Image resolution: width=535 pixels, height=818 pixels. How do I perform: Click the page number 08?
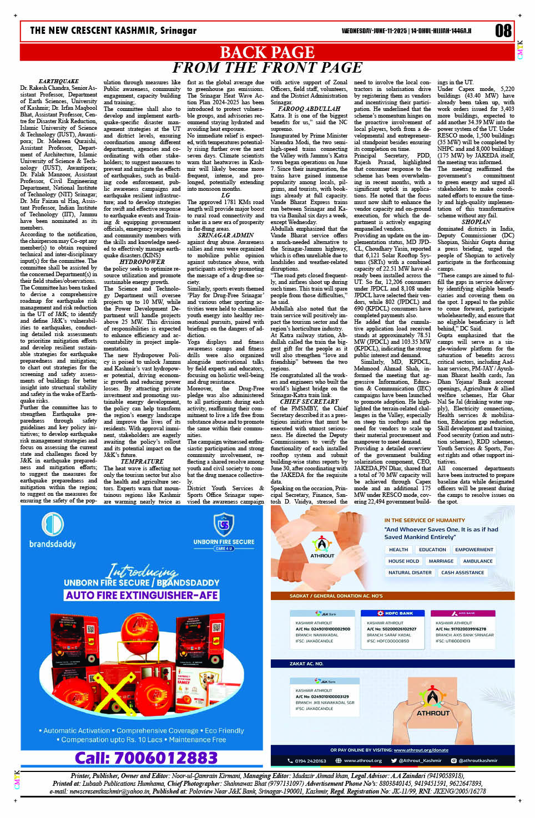(503, 31)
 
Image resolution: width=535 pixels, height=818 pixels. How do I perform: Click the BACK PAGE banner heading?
(267, 52)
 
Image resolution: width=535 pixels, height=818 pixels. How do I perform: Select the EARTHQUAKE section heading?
(58, 82)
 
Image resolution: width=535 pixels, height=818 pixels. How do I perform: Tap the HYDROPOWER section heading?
(142, 262)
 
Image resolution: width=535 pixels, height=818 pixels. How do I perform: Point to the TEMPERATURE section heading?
(142, 461)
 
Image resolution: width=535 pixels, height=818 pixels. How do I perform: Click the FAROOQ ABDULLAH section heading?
(309, 109)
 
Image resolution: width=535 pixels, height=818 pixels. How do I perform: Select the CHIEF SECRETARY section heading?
(309, 402)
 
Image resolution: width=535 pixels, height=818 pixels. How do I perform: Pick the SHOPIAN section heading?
(476, 222)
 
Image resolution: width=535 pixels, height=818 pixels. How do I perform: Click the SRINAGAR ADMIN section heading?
(225, 235)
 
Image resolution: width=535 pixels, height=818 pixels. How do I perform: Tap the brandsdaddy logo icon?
(52, 524)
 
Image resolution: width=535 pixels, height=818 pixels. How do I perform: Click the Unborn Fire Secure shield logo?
(224, 524)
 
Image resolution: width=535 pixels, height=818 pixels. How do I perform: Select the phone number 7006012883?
(146, 758)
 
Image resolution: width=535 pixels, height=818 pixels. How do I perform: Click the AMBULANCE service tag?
(477, 561)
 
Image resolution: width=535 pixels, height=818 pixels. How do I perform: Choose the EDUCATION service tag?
(432, 550)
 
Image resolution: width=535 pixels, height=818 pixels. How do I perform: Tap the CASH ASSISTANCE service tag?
(462, 572)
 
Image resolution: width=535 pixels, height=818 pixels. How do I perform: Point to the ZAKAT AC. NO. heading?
(306, 663)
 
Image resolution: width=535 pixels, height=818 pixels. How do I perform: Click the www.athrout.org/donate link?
(421, 750)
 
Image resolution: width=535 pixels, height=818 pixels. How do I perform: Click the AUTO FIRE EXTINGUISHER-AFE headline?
(142, 595)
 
